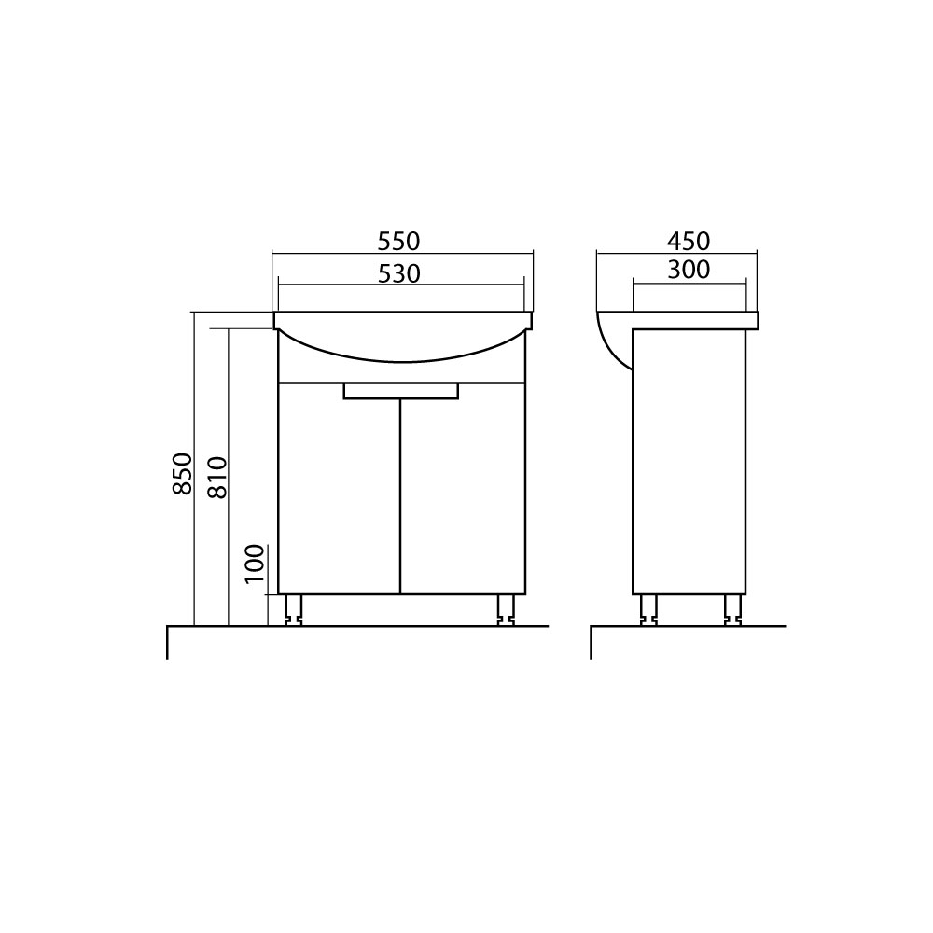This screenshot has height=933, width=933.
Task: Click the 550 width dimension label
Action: pyautogui.click(x=398, y=242)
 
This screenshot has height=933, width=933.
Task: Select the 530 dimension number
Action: pyautogui.click(x=398, y=273)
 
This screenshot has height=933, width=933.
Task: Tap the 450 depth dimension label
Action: pyautogui.click(x=689, y=242)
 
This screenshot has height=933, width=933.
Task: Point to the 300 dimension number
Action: pyautogui.click(x=689, y=271)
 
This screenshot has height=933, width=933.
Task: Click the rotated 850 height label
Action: pyautogui.click(x=183, y=474)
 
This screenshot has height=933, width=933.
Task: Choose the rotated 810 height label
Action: pyautogui.click(x=217, y=477)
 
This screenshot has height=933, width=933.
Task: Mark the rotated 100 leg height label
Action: pyautogui.click(x=254, y=564)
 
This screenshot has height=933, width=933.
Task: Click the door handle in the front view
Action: pyautogui.click(x=401, y=391)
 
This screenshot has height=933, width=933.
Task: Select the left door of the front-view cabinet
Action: pyautogui.click(x=340, y=489)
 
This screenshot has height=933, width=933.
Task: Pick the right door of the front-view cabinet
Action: pyautogui.click(x=463, y=489)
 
